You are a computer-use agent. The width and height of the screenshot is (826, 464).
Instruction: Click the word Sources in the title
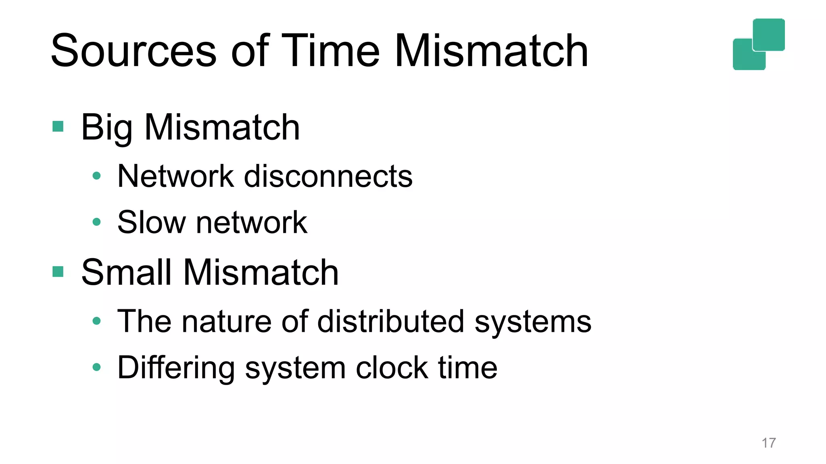(133, 51)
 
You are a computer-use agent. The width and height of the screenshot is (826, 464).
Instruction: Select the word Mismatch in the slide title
(491, 51)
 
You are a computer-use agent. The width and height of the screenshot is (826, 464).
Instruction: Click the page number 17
(769, 443)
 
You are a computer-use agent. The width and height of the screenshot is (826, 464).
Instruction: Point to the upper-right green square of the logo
(769, 34)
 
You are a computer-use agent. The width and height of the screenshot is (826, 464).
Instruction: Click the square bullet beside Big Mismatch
(58, 127)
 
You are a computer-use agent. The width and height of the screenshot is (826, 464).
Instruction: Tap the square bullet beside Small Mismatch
(58, 272)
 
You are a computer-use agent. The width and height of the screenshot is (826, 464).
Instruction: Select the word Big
(106, 128)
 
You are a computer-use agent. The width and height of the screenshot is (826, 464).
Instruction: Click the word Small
(126, 273)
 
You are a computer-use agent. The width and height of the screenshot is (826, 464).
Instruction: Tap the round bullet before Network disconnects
(96, 176)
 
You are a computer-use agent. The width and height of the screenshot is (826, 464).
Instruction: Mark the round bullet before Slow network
(96, 222)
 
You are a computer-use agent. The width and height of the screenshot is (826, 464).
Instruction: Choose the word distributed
(391, 321)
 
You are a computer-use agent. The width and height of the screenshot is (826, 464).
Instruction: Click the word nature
(227, 321)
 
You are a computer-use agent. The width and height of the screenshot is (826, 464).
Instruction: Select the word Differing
(176, 368)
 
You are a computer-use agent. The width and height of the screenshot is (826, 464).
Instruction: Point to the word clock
(392, 367)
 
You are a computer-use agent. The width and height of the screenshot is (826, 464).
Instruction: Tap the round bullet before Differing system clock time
(96, 367)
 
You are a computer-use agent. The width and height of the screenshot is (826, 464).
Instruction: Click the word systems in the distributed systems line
(533, 322)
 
